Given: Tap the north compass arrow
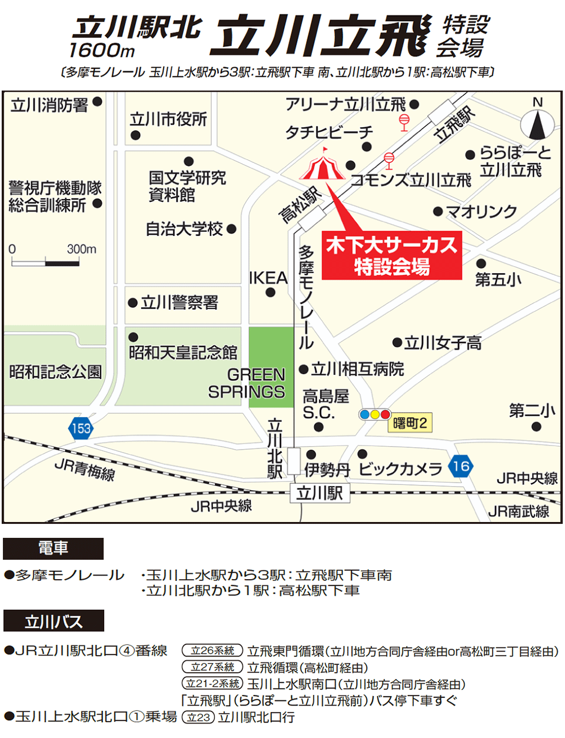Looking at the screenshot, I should click(x=537, y=124).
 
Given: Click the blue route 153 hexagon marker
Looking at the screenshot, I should click(x=81, y=427).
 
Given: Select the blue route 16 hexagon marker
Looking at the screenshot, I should click(x=461, y=467).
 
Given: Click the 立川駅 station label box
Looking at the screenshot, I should click(x=320, y=493).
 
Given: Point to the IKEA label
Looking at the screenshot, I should click(x=268, y=278).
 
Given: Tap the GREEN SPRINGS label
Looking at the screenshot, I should click(x=247, y=383).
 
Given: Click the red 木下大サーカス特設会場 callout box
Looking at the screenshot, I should click(x=391, y=255).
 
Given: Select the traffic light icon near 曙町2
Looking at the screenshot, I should click(x=374, y=414).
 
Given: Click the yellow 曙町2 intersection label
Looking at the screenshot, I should click(x=410, y=423).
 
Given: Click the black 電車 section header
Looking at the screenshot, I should click(x=53, y=548).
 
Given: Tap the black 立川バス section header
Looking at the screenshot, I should click(x=54, y=621).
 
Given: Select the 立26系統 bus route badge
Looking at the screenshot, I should click(x=212, y=651).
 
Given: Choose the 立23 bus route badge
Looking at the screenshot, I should click(x=198, y=717).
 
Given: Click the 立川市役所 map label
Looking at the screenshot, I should click(x=169, y=119).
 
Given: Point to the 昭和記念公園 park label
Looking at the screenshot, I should click(x=55, y=371).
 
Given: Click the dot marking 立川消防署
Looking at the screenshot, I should click(x=98, y=102).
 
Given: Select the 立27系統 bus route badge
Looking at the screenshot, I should click(x=212, y=667).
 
